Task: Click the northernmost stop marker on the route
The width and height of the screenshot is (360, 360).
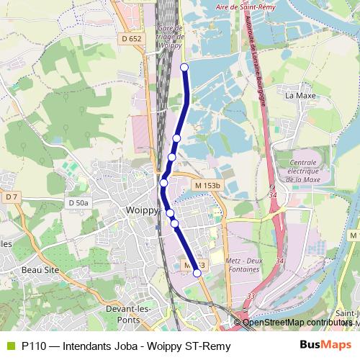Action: pos(184,67)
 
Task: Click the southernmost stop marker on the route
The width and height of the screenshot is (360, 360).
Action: pos(197,273)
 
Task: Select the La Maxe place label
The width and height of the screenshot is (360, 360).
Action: pos(300,94)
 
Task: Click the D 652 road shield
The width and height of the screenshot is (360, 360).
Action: pos(131,39)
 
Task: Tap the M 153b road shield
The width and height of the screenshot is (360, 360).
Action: pos(207,185)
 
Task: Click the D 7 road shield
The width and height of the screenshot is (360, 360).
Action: pos(10,197)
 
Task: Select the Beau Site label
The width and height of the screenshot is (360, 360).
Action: pos(40,269)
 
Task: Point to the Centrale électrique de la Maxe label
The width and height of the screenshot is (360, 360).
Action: pos(302,171)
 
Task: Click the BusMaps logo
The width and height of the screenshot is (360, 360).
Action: pos(325,346)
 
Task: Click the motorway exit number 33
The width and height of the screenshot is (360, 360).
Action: pos(251,296)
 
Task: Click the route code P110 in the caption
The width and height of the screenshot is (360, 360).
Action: pos(34,346)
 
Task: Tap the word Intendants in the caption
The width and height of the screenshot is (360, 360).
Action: pos(87,346)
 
